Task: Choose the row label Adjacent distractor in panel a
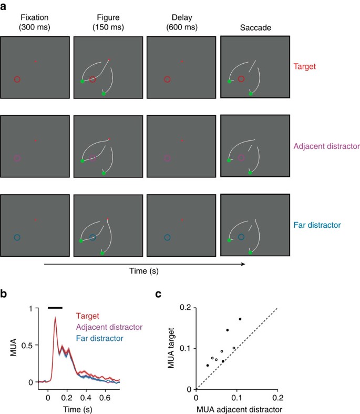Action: pyautogui.click(x=322, y=145)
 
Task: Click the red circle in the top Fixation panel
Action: pyautogui.click(x=17, y=79)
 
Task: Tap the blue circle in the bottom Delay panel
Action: pyautogui.click(x=167, y=237)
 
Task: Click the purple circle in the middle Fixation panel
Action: pyautogui.click(x=17, y=158)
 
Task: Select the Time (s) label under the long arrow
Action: pyautogui.click(x=143, y=271)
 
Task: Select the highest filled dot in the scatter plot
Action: pyautogui.click(x=240, y=319)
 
